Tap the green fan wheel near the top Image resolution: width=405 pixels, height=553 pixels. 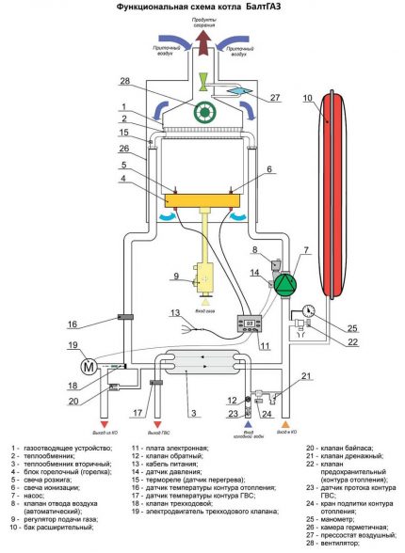tap(200, 111)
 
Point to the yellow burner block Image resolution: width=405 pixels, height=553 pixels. tap(200, 199)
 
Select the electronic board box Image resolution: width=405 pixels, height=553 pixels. tap(251, 323)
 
